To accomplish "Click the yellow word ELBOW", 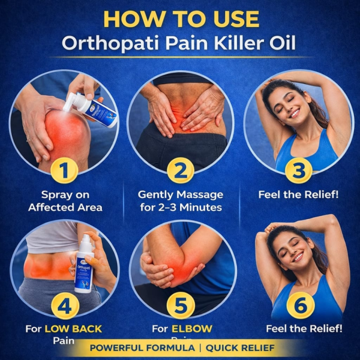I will [x=192, y=329].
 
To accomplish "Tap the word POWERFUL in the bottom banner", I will [x=113, y=348].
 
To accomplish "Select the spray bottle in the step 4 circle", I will [x=85, y=264].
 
